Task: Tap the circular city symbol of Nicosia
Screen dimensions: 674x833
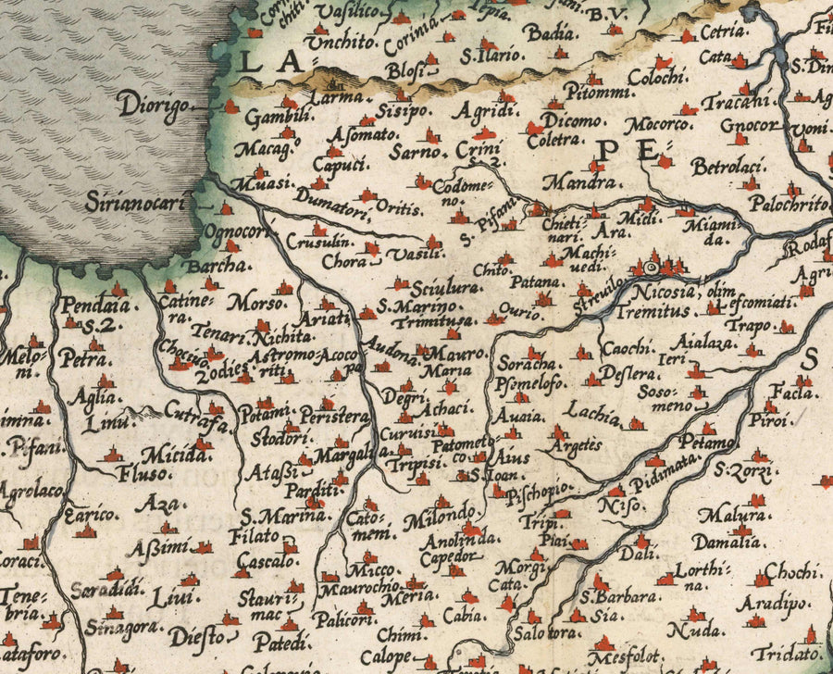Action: (x=650, y=268)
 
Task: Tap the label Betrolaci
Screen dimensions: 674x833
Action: (x=727, y=168)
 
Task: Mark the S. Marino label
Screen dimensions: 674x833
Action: (x=417, y=306)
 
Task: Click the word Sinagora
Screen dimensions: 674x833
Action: (x=118, y=630)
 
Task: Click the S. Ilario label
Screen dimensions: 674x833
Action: (x=491, y=56)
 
